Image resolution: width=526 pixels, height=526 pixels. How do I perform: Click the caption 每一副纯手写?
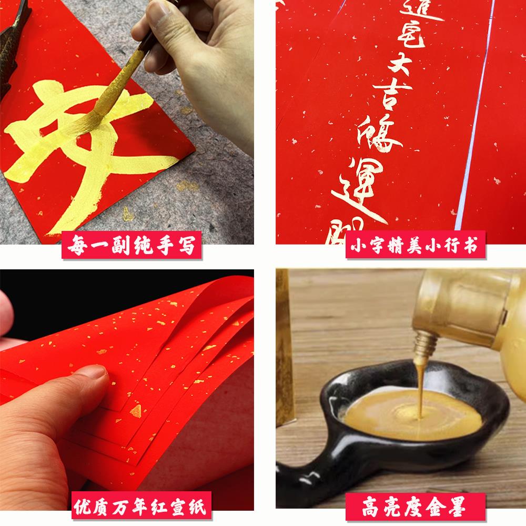pyautogui.click(x=131, y=246)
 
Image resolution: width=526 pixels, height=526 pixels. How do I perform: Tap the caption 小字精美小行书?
pyautogui.click(x=415, y=246)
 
